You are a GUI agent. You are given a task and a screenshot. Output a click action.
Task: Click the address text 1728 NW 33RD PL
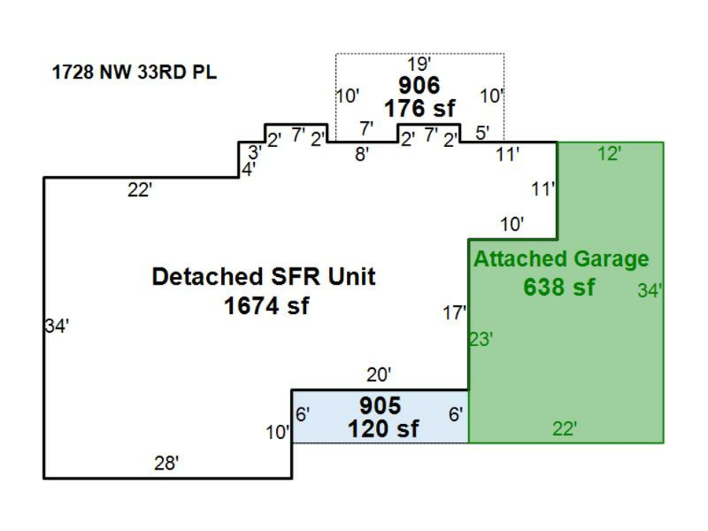[x=135, y=73]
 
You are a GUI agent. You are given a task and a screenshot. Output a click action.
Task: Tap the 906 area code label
[x=419, y=85]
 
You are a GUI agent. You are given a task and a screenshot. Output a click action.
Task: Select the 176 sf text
[x=419, y=108]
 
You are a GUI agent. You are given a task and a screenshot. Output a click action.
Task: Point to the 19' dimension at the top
[x=418, y=65]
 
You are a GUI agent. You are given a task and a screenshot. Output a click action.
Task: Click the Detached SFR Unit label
[x=264, y=277]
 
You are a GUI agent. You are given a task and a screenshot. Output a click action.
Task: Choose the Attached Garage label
[x=561, y=259]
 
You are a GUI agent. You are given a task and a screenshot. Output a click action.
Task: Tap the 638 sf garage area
[x=559, y=287]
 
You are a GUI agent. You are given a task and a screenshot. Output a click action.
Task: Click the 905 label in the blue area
[x=380, y=406]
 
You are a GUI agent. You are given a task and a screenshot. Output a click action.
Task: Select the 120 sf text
[x=383, y=430]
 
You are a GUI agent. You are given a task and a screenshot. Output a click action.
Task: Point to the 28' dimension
[x=166, y=464]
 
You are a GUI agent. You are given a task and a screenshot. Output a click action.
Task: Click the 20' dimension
[x=378, y=374]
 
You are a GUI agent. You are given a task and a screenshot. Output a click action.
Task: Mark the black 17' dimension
[x=454, y=313]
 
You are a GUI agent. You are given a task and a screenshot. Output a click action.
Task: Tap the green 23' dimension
[x=481, y=340]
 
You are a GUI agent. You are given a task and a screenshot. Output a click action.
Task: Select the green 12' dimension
[x=609, y=154]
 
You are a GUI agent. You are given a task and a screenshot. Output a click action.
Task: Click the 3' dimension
[x=254, y=153]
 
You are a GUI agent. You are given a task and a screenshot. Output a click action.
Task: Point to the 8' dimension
[x=361, y=155]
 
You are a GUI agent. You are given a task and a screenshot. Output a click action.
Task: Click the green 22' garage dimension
[x=565, y=430]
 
